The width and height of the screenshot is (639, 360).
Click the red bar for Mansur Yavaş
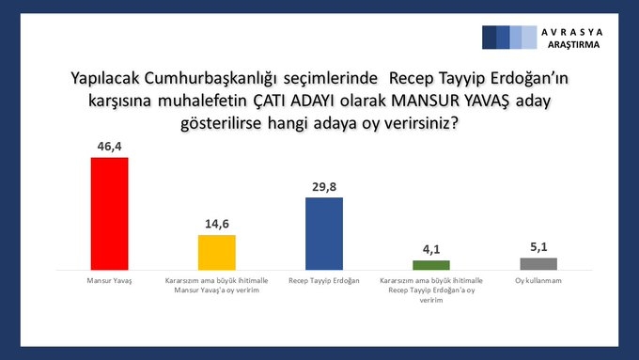point(109,213)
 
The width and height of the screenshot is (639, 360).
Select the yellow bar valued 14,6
point(216,252)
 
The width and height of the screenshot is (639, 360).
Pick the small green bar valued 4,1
point(431,265)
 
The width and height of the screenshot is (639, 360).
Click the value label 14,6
point(216,225)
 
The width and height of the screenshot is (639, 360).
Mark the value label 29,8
point(324,187)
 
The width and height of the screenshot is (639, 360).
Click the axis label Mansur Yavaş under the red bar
point(109,280)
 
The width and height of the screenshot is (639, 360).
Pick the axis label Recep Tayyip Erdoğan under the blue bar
point(324,280)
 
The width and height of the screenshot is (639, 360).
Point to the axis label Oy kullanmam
point(538,280)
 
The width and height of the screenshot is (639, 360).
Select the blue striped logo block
point(509,37)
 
